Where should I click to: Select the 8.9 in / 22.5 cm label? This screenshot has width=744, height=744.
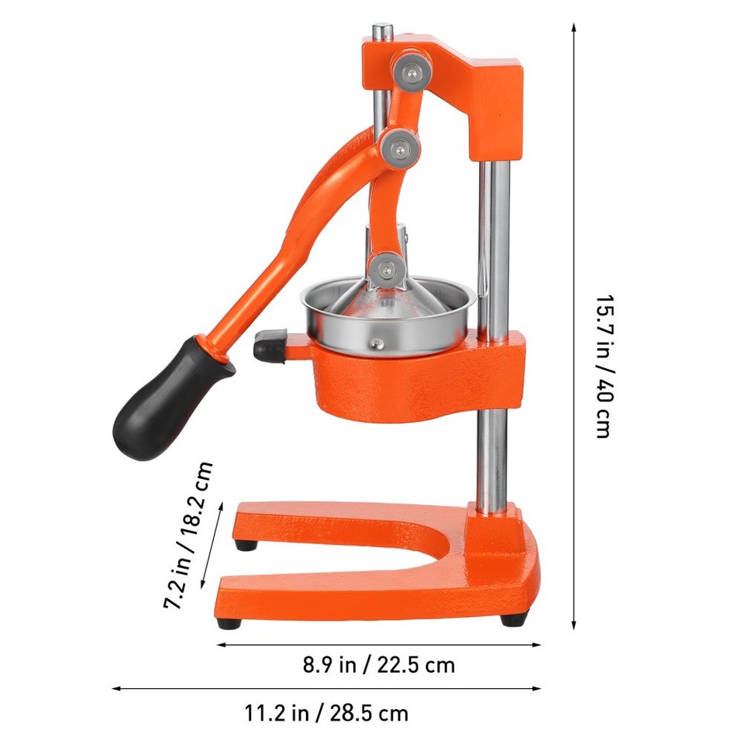[x=378, y=665]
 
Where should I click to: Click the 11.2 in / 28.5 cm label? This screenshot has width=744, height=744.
[x=326, y=712]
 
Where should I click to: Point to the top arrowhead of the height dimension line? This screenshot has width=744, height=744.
[x=573, y=27]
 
